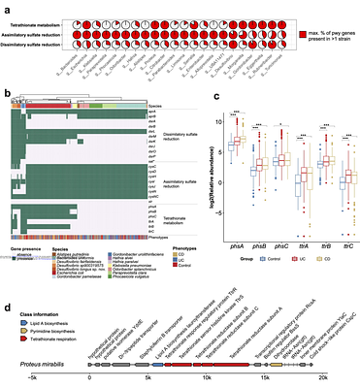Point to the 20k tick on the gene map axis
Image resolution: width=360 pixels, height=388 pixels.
tap(324, 378)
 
